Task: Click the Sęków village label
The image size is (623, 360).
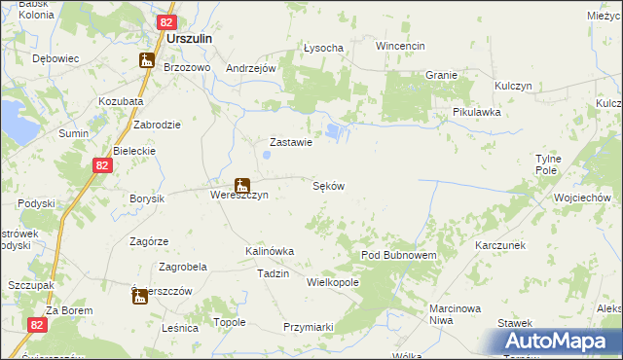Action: tap(328, 185)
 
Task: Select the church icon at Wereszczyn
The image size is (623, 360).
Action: tap(241, 185)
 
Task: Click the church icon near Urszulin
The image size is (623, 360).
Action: tap(146, 60)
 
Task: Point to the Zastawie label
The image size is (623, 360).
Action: tap(289, 142)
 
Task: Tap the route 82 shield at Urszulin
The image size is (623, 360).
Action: tap(165, 21)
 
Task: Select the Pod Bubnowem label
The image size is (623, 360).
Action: tap(399, 254)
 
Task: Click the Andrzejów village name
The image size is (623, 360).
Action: tap(253, 68)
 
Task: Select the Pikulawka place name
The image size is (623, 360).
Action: tap(476, 112)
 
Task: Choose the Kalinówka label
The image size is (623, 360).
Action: tap(270, 251)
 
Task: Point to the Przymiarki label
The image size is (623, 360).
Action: tap(309, 327)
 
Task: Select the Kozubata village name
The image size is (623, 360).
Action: tap(121, 101)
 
